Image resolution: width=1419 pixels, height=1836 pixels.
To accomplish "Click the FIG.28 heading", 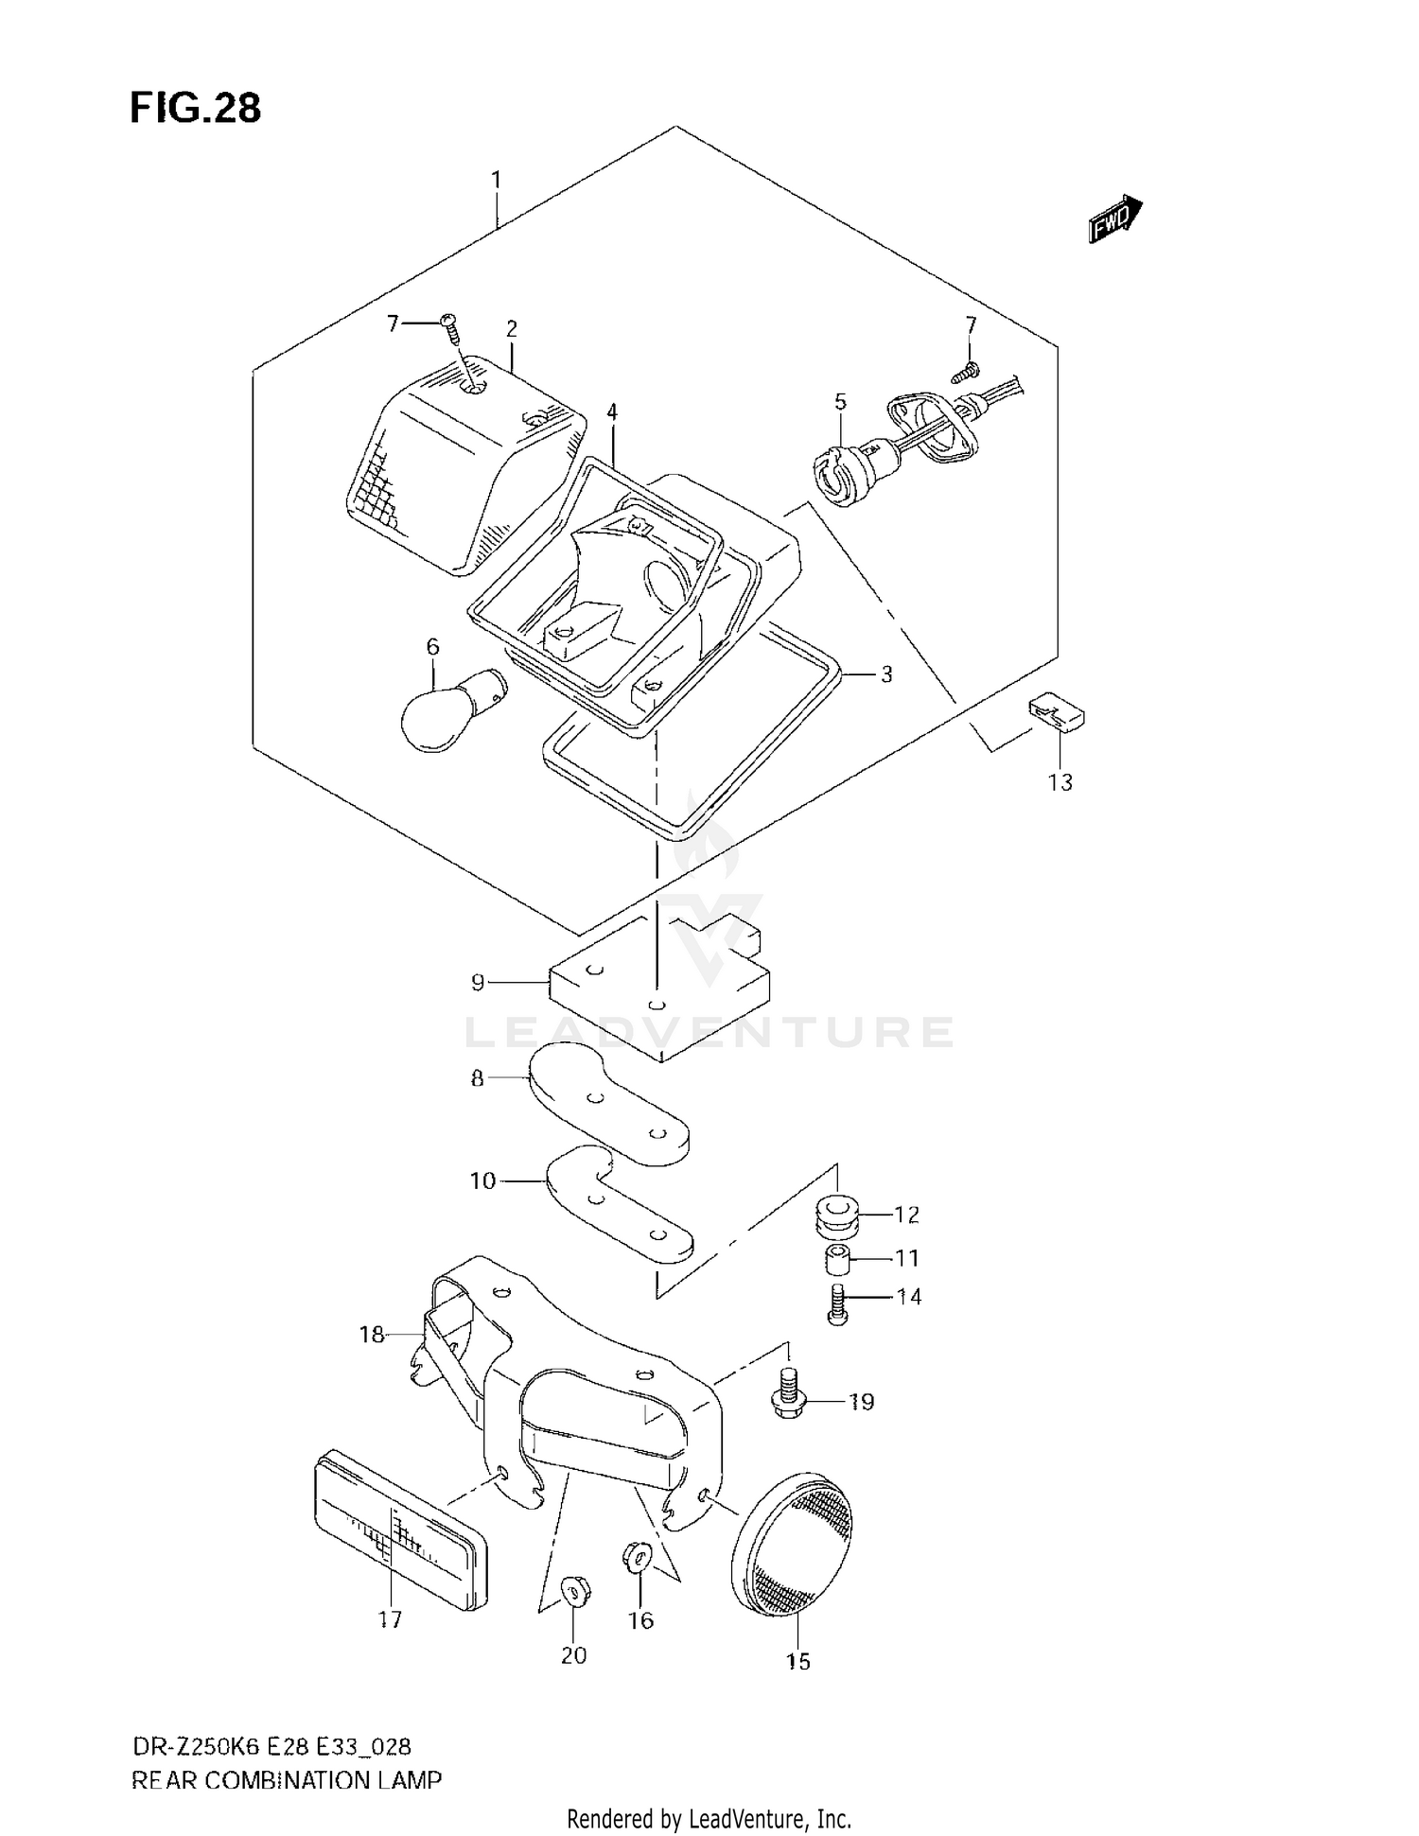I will coord(195,109).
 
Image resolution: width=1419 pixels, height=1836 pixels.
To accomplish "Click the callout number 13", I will coord(1060,782).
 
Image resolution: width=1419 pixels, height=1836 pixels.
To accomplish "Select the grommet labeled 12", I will coord(836,1213).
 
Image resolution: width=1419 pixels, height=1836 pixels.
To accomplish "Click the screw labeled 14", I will coord(837,1303).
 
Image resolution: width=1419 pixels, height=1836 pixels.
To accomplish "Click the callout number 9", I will coord(478,983).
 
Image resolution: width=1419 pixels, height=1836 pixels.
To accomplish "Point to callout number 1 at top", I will coord(496,180).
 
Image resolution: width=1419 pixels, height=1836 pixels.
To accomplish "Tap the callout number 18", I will coord(372,1335).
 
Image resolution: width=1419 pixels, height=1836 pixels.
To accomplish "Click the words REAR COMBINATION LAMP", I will coord(286,1780).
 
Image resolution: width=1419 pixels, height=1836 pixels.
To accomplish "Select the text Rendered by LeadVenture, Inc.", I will coord(709,1818).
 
